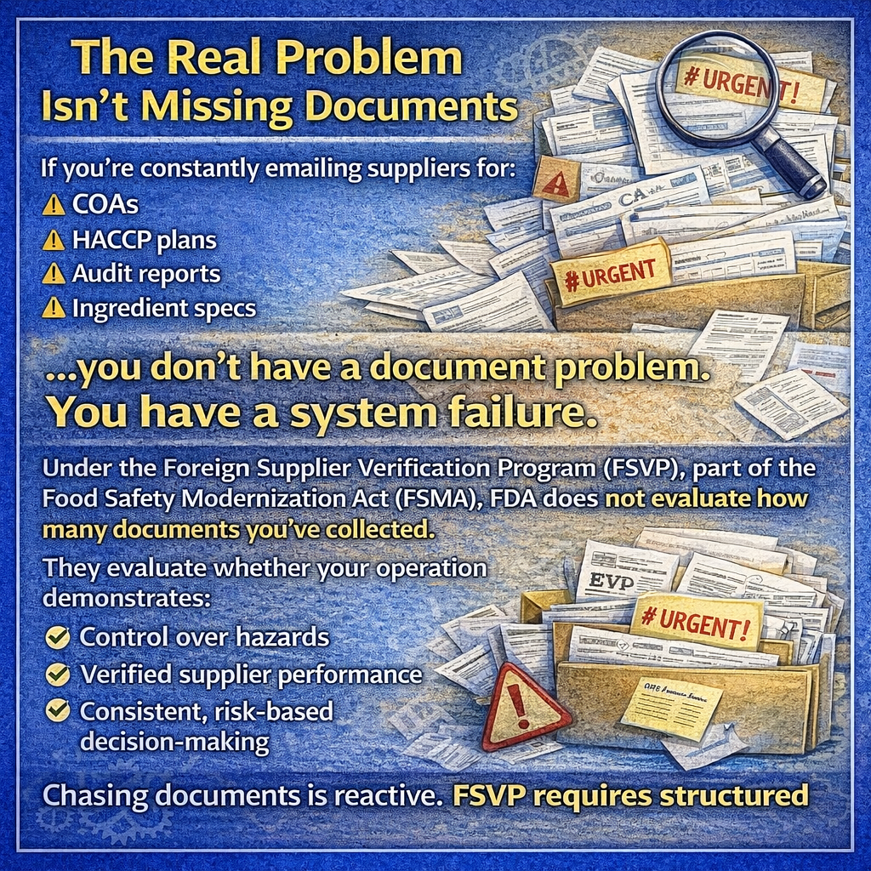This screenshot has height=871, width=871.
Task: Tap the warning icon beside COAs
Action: [54, 206]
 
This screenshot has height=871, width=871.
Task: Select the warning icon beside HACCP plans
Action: [54, 241]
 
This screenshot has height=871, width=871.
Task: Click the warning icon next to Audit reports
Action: [54, 274]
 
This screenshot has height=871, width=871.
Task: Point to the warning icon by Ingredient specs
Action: [54, 308]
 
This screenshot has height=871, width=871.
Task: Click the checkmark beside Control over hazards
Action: [58, 636]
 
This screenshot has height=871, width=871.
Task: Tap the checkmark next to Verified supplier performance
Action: [58, 675]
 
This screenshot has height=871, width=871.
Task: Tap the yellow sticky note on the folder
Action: [671, 709]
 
